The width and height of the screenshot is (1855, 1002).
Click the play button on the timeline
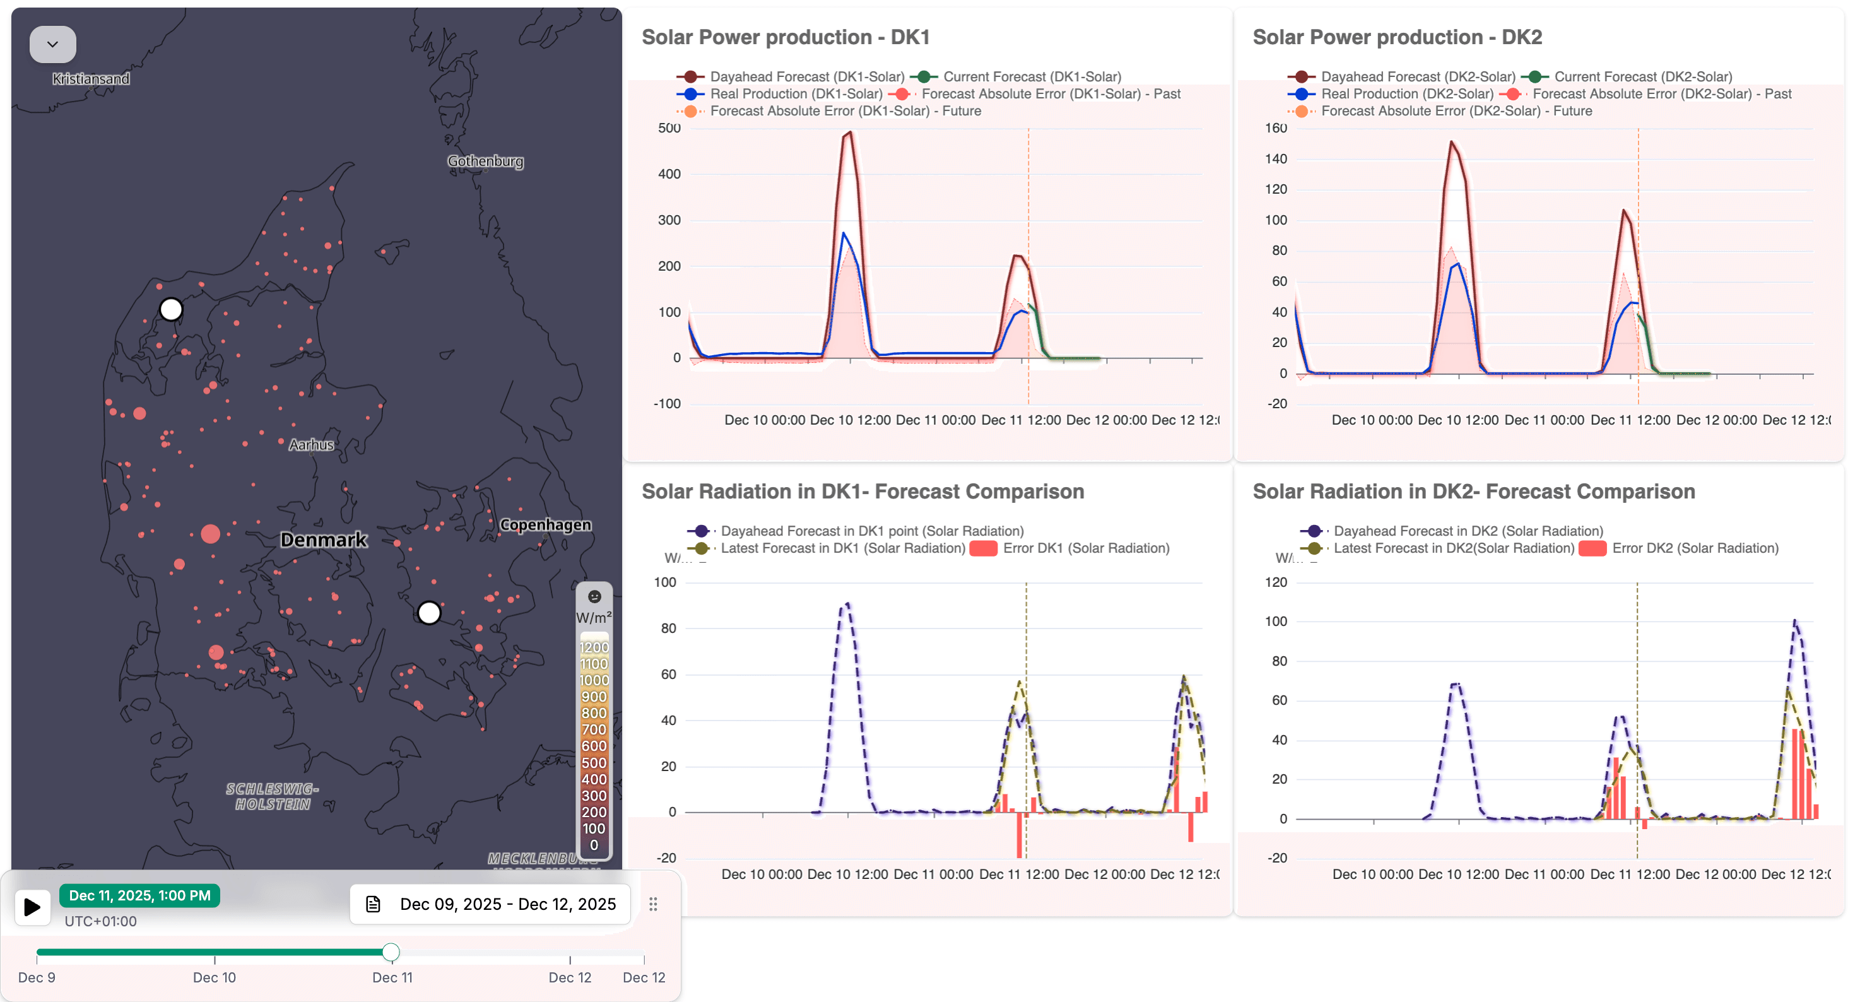point(32,906)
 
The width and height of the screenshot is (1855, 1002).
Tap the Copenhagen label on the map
point(545,524)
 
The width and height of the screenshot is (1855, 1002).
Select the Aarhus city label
point(311,444)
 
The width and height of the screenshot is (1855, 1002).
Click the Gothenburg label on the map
point(485,161)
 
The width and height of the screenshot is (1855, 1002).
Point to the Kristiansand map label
point(91,78)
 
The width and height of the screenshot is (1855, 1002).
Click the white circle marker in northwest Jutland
point(170,309)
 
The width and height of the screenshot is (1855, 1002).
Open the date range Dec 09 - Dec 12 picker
point(490,904)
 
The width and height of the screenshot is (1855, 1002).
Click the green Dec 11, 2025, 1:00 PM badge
point(139,895)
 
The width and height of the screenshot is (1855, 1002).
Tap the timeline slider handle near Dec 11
point(391,952)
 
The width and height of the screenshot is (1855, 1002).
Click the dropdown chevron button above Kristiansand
point(52,44)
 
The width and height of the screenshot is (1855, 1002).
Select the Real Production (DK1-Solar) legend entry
point(795,93)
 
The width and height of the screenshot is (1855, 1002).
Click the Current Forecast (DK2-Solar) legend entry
point(1642,76)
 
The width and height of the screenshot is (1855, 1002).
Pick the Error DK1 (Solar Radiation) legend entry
point(1085,548)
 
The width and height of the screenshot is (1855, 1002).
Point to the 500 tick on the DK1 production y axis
point(669,128)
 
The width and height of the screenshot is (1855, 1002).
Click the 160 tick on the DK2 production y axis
point(1275,128)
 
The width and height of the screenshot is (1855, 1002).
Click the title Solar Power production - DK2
point(1397,37)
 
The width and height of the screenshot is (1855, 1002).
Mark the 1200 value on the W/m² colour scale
point(594,647)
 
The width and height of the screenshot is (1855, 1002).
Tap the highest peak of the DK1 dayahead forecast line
point(851,132)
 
